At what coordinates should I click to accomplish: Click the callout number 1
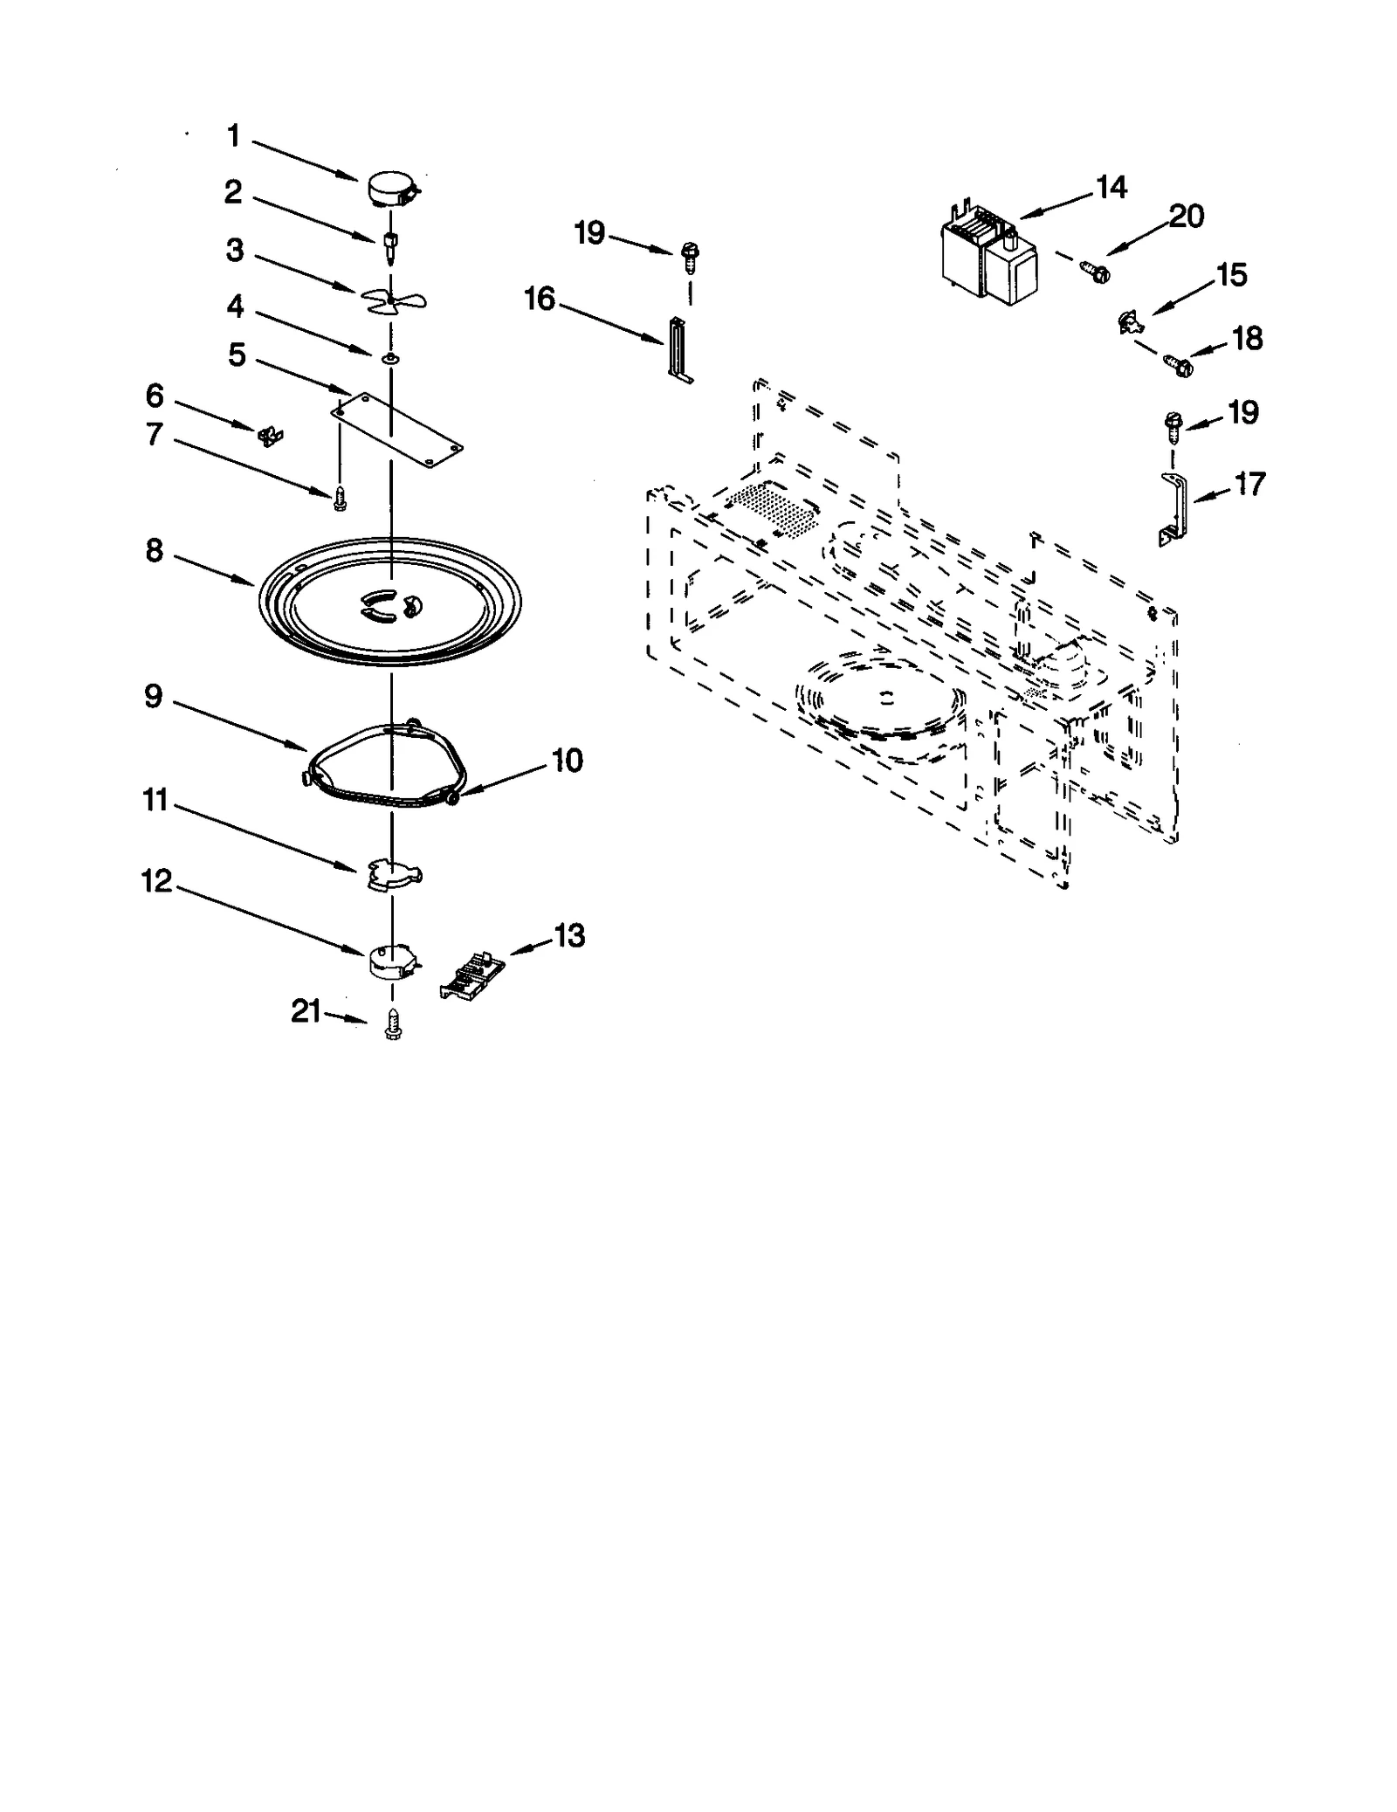coord(233,136)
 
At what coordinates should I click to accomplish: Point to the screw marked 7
coord(340,499)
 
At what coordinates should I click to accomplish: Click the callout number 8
coord(155,551)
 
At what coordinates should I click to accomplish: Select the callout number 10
coord(568,761)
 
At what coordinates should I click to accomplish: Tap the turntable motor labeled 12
coord(390,961)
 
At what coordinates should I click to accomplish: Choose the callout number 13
coord(570,936)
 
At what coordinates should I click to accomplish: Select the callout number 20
coord(1187,216)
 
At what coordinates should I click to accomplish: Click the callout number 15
coord(1232,275)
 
